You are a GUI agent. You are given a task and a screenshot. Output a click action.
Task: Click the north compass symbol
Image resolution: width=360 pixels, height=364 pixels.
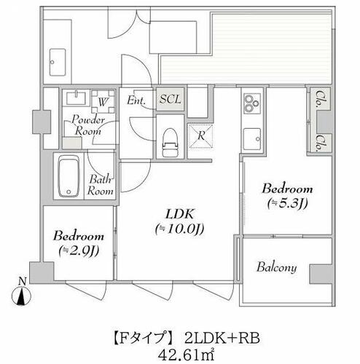point(21,293)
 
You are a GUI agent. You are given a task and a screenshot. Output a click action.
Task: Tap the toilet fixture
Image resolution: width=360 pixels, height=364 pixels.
point(171,143)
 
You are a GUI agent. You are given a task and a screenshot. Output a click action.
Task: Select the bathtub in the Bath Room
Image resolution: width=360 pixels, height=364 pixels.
point(69,176)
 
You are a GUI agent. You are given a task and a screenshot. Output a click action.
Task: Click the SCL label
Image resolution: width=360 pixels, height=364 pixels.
point(171,99)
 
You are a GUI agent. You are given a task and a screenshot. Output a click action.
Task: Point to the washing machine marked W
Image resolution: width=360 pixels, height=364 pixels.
point(103,101)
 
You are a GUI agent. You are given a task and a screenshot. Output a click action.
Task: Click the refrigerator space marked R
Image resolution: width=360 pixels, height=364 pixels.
point(201,136)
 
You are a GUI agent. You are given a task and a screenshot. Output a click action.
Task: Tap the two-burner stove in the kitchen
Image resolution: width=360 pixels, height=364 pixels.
point(252,103)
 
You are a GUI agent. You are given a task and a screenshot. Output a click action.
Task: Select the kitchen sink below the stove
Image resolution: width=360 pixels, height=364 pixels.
point(252,139)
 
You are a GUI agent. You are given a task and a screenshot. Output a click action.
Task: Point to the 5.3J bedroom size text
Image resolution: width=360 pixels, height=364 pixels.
point(287,203)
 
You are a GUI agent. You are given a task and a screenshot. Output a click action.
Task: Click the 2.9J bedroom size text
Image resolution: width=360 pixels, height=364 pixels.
point(79,250)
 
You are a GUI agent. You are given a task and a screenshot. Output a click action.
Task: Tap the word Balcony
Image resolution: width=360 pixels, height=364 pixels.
point(277,267)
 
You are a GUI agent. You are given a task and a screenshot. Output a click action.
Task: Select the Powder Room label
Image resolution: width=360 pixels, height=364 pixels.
point(88,125)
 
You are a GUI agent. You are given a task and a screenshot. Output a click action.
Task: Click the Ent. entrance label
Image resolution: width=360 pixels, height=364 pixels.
point(136,100)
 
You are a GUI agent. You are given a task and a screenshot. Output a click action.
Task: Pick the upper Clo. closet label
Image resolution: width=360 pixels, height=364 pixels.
point(321,99)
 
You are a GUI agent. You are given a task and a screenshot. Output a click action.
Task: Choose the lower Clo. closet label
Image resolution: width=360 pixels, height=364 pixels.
point(321,143)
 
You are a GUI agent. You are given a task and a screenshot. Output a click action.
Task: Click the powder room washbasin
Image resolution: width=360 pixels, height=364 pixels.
point(76,98)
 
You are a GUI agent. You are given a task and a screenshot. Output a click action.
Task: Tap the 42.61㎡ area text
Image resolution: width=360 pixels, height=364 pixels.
point(186,356)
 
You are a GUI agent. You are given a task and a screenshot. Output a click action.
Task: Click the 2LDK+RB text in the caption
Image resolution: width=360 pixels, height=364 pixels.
point(222,338)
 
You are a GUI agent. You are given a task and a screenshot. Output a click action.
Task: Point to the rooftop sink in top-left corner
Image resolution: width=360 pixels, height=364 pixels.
point(58,63)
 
